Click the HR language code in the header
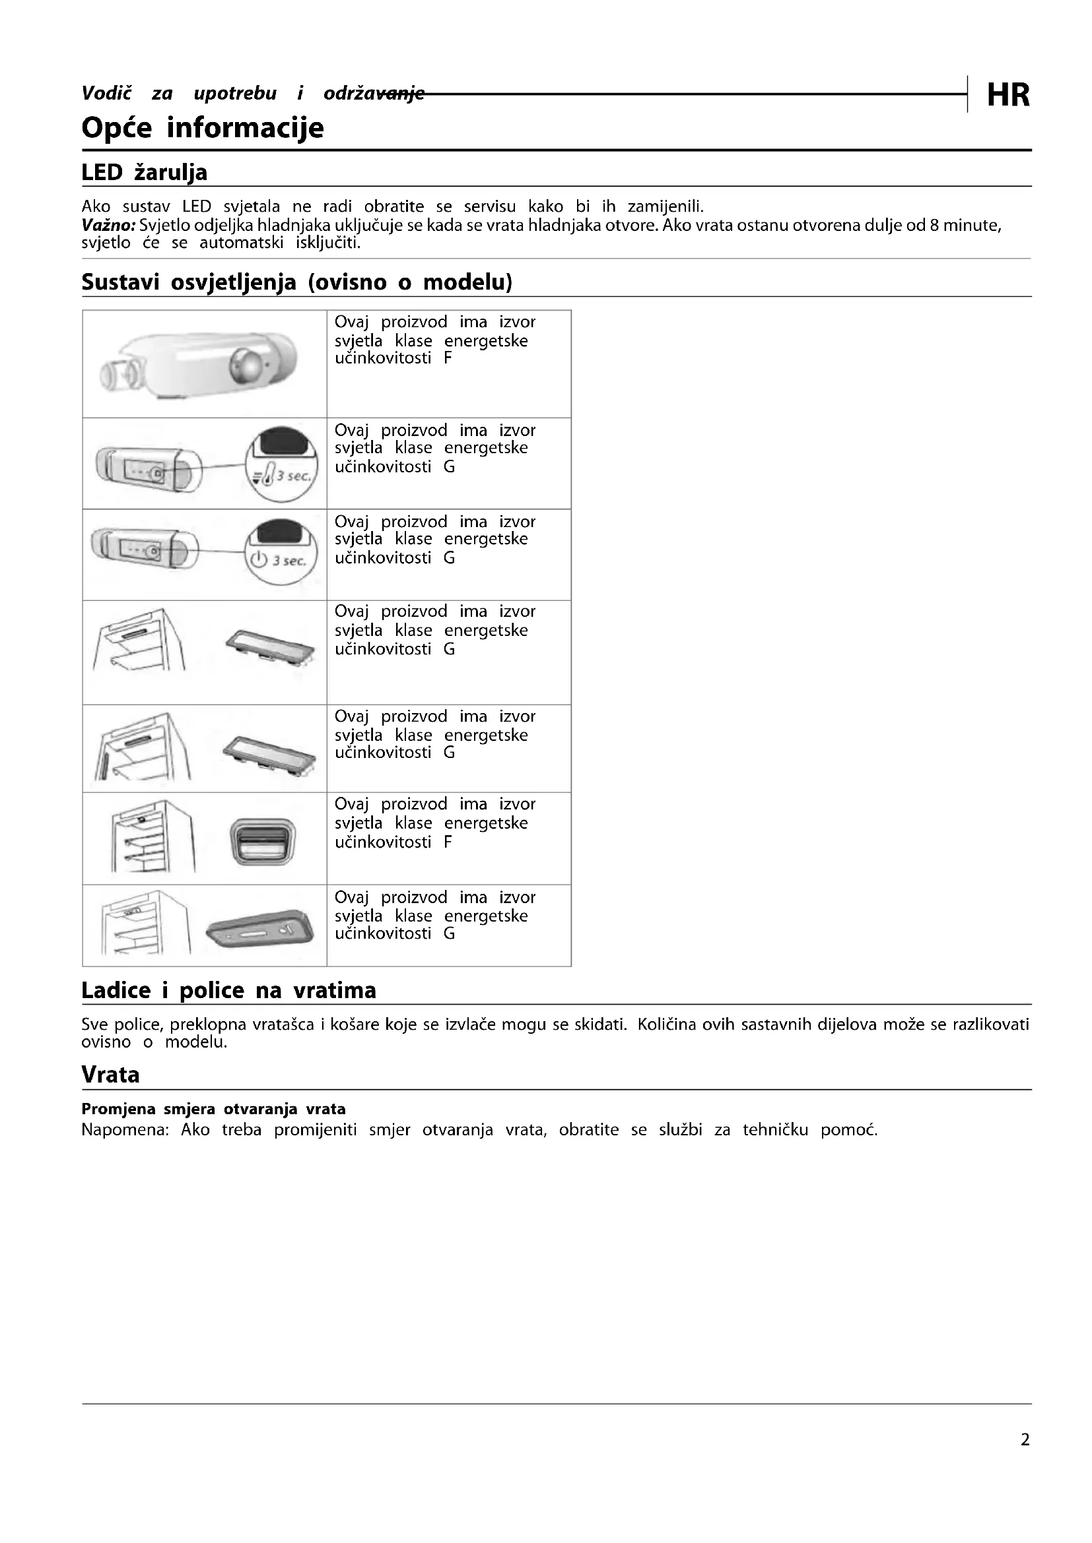pos(1007,96)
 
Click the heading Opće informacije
pos(203,128)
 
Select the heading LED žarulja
pos(144,173)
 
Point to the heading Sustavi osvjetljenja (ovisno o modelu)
pos(296,282)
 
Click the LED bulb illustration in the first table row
pos(199,365)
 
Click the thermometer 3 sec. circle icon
pos(281,463)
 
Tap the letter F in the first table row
pos(448,358)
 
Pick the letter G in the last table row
pos(449,933)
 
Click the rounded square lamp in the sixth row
pos(262,840)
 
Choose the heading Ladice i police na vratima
pos(228,991)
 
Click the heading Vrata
pos(110,1075)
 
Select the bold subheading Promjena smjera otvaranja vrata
pos(213,1110)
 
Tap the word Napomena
pos(123,1129)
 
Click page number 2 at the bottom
pos(1025,1439)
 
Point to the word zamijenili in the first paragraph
pos(664,206)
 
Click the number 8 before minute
pos(934,225)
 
